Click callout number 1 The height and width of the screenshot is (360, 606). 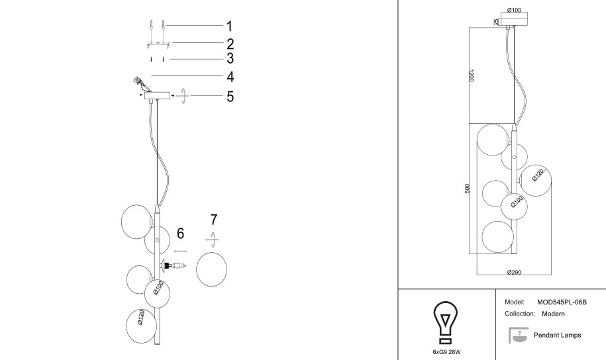[230, 26]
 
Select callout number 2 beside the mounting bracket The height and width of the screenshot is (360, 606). [230, 44]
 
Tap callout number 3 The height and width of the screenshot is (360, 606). [230, 58]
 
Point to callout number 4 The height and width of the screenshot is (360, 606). [230, 77]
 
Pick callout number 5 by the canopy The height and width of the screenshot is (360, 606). [230, 96]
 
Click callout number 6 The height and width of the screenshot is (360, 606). [181, 234]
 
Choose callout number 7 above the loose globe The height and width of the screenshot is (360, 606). [214, 220]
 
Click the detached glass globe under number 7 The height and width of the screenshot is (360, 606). [211, 269]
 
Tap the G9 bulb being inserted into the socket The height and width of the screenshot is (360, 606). [179, 266]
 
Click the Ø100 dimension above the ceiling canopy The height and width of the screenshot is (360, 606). [514, 11]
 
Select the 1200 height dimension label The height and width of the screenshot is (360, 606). [471, 75]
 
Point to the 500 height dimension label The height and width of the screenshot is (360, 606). [468, 189]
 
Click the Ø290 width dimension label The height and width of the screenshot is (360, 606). [514, 273]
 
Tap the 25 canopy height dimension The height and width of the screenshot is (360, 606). [496, 22]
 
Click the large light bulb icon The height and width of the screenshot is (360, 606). [446, 322]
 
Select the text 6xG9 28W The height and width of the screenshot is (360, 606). [446, 352]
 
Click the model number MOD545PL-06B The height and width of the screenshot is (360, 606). [562, 302]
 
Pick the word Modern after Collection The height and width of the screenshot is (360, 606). [553, 314]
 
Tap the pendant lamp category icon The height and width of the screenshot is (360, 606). [518, 335]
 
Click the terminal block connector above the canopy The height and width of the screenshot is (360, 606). [136, 80]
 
